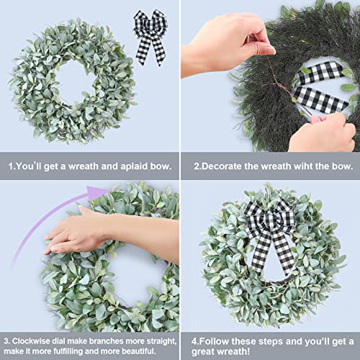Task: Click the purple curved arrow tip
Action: point(94,192)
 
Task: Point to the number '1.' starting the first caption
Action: point(12,167)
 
